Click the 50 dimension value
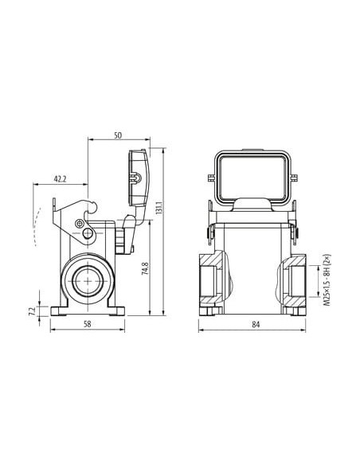point(118,135)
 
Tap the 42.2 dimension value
point(61,179)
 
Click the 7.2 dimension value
point(32,311)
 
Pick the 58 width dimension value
point(87,324)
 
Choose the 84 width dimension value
point(256,324)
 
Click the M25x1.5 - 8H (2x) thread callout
point(327,280)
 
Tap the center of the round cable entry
point(88,280)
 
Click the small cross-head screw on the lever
point(79,223)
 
